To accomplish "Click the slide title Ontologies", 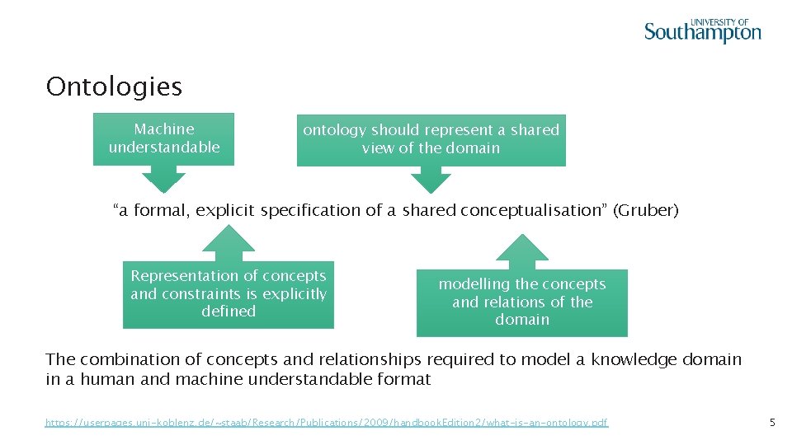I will pyautogui.click(x=114, y=87).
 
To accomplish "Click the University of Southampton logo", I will pyautogui.click(x=702, y=30).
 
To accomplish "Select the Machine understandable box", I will pyautogui.click(x=164, y=138).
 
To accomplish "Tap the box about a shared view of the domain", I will pyautogui.click(x=431, y=139).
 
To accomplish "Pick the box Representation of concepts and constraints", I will pyautogui.click(x=229, y=294).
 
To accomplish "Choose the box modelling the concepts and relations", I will pyautogui.click(x=521, y=302).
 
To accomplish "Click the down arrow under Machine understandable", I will pyautogui.click(x=164, y=179).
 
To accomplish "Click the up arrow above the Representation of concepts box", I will pyautogui.click(x=229, y=244).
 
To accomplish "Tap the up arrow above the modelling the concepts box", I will pyautogui.click(x=521, y=251).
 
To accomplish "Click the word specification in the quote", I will pyautogui.click(x=310, y=211).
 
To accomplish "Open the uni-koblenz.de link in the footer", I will pyautogui.click(x=327, y=423).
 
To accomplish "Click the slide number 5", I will pyautogui.click(x=772, y=423).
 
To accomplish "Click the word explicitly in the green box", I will pyautogui.click(x=294, y=294).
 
